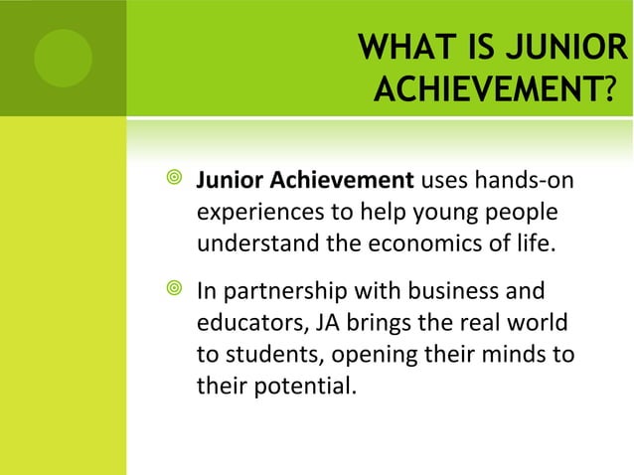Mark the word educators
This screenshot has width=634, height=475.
[244, 323]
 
